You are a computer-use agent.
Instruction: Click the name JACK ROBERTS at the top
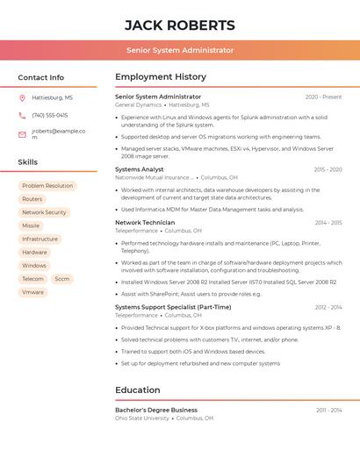point(179,25)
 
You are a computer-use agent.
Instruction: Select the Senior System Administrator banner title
point(179,50)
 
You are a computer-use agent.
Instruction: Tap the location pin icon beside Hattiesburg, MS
point(22,97)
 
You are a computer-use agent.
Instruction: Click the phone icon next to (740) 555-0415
point(22,115)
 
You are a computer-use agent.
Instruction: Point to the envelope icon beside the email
point(22,134)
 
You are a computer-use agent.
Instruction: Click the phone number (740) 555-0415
point(49,115)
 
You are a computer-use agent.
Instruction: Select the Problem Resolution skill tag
point(47,186)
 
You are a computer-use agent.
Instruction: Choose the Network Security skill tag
point(44,212)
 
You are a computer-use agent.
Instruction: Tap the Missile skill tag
point(31,225)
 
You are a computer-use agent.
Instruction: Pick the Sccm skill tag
point(61,279)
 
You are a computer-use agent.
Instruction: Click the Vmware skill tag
point(32,292)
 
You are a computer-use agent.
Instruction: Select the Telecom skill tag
point(32,279)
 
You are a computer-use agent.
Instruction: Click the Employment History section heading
point(161,77)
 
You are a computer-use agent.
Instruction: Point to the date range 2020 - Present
point(323,97)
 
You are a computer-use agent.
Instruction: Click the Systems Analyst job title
point(140,168)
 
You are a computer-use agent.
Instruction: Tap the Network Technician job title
point(145,223)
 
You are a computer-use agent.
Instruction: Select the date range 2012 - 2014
point(328,307)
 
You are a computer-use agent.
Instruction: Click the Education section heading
point(138,390)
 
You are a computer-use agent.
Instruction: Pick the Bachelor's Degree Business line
point(156,410)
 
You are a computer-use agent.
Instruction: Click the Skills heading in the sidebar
point(27,162)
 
